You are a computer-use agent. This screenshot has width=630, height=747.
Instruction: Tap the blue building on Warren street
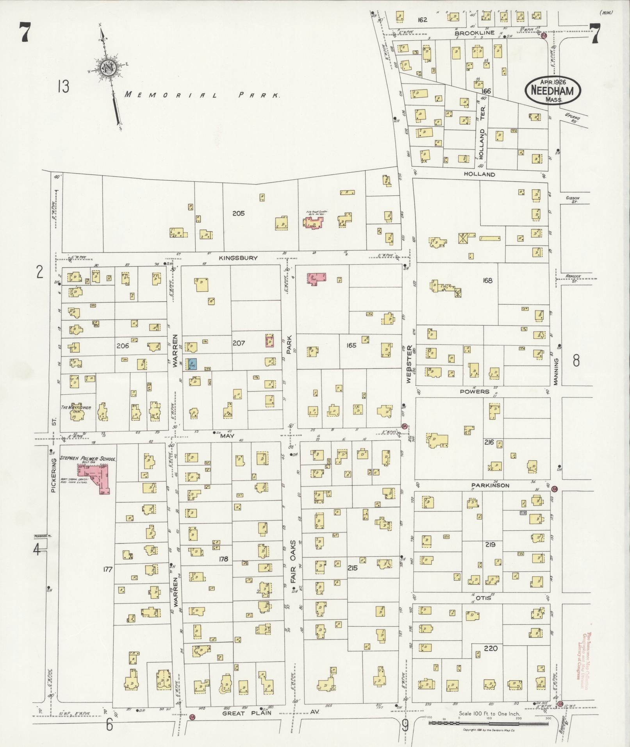click(192, 364)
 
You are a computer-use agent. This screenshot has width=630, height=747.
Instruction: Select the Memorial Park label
click(202, 95)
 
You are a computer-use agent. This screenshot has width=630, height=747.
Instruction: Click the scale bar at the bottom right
click(488, 723)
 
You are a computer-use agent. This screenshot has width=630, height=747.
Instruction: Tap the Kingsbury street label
click(238, 258)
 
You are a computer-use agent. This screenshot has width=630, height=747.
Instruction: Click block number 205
click(238, 213)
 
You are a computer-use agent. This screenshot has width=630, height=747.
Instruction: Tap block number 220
click(491, 648)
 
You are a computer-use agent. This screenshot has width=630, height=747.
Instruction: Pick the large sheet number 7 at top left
click(24, 32)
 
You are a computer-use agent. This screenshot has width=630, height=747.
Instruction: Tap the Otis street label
click(483, 598)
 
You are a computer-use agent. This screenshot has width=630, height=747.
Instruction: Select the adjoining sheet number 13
click(62, 86)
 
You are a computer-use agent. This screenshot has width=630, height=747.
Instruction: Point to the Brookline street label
click(475, 33)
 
